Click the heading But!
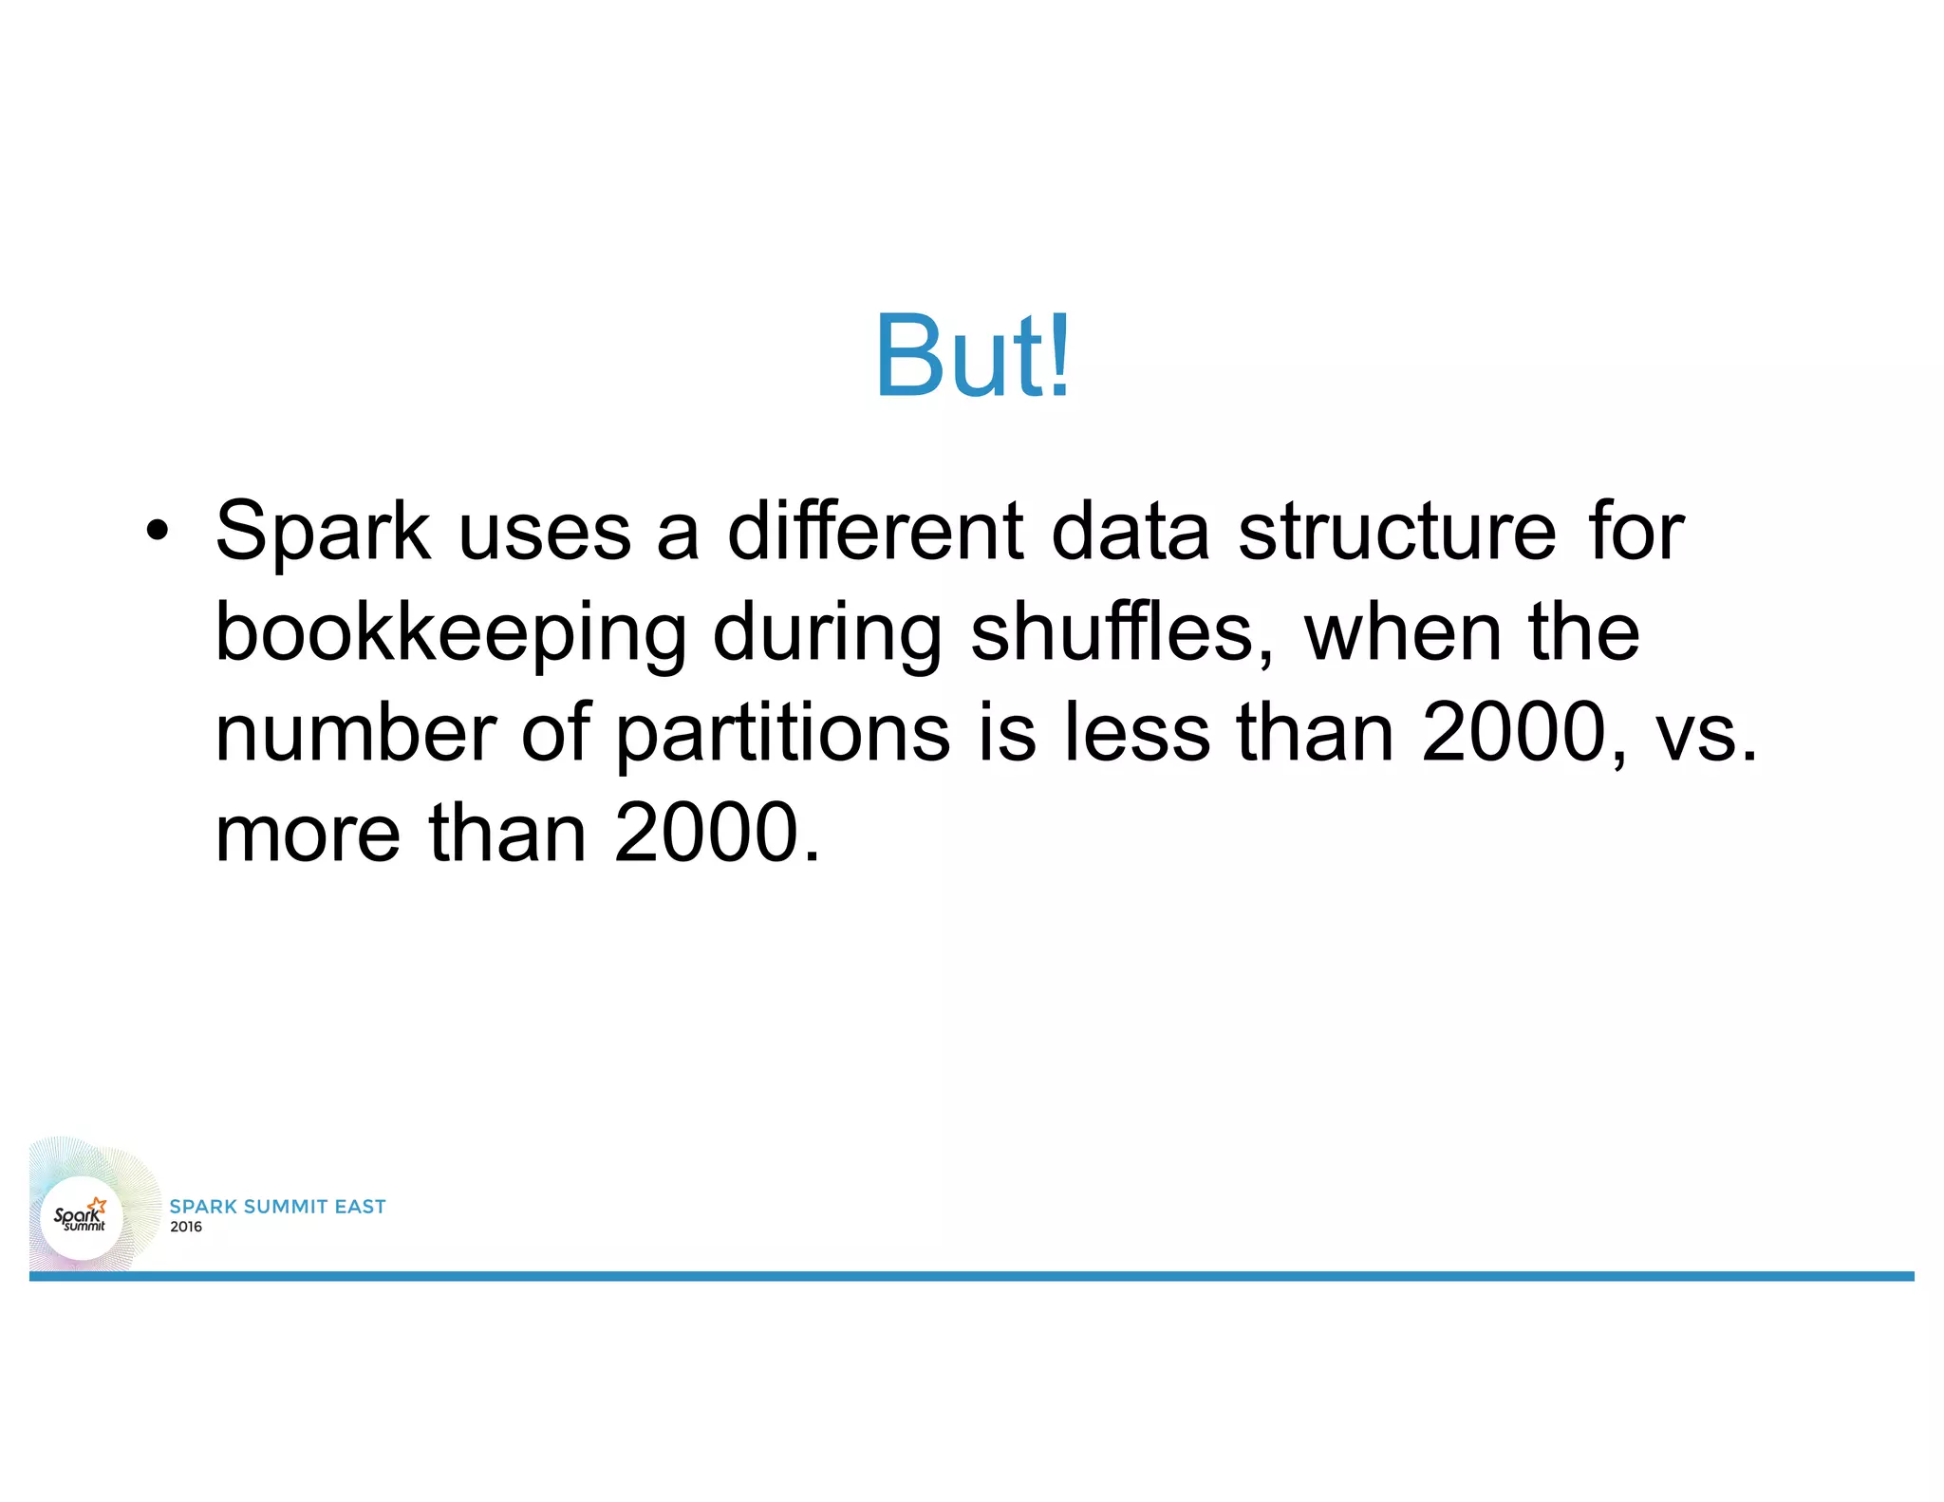pyautogui.click(x=972, y=357)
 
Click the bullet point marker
pyautogui.click(x=158, y=532)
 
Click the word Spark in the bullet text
pyautogui.click(x=323, y=532)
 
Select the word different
pyautogui.click(x=875, y=532)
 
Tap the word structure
pyautogui.click(x=1396, y=532)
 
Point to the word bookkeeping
pyautogui.click(x=451, y=634)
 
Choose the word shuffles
pyautogui.click(x=1121, y=632)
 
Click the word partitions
pyautogui.click(x=783, y=734)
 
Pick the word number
pyautogui.click(x=356, y=734)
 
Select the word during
pyautogui.click(x=827, y=634)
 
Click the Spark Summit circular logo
pyautogui.click(x=82, y=1217)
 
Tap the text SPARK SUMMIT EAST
pyautogui.click(x=277, y=1206)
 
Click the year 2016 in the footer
pyautogui.click(x=186, y=1227)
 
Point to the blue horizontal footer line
pyautogui.click(x=972, y=1276)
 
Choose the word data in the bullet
pyautogui.click(x=1130, y=532)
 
